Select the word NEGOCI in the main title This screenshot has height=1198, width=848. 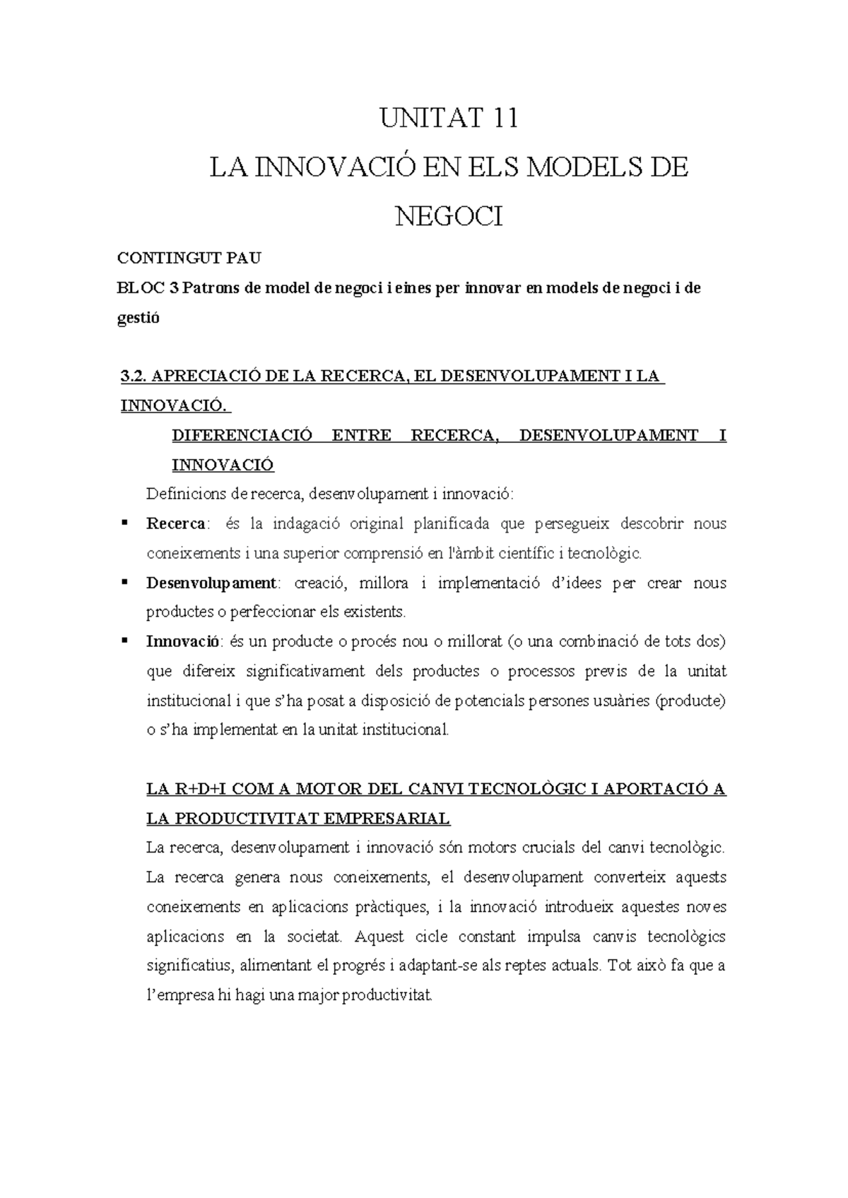pos(449,216)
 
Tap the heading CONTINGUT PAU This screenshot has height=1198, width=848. pos(189,259)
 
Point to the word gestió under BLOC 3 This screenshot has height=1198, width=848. pos(139,318)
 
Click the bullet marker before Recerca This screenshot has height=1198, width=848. pos(124,523)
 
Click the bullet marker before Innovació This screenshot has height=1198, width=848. pos(124,641)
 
